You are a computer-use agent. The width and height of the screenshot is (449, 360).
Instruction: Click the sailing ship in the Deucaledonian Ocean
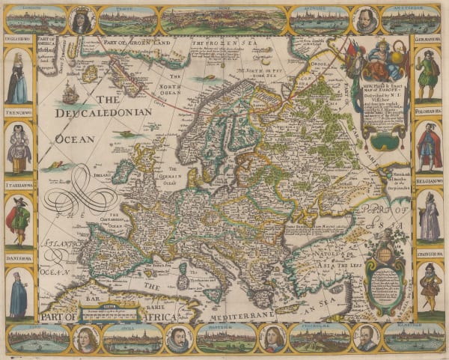(x=70, y=93)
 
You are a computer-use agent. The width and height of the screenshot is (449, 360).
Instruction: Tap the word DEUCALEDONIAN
(x=104, y=113)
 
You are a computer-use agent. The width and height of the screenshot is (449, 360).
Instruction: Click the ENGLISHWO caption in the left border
(x=17, y=43)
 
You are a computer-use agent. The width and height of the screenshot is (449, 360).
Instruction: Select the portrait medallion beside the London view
(x=82, y=19)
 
